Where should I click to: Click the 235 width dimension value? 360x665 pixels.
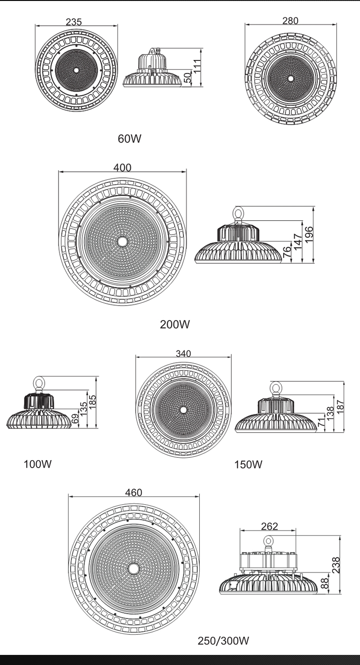(x=73, y=22)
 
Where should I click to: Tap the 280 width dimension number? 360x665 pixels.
(x=290, y=20)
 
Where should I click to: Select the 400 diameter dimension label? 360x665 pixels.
(x=122, y=167)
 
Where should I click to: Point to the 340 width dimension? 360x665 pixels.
(x=183, y=354)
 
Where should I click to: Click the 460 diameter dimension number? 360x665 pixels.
(x=133, y=493)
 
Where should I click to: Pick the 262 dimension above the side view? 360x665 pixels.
(x=269, y=526)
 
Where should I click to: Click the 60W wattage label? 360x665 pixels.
(x=130, y=139)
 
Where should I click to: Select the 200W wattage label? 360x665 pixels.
(x=175, y=324)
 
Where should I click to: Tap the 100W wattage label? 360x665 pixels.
(x=37, y=464)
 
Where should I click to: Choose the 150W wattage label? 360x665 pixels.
(x=248, y=464)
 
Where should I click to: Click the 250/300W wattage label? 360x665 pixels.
(x=223, y=641)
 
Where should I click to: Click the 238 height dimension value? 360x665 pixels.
(x=336, y=565)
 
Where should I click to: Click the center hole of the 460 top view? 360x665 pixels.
(x=133, y=568)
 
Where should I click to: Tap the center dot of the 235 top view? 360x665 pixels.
(x=76, y=70)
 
